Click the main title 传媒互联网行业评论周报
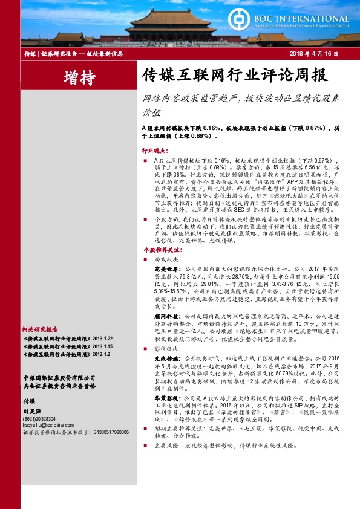point(226,76)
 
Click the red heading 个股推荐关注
point(158,249)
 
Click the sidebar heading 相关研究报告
point(39,329)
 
